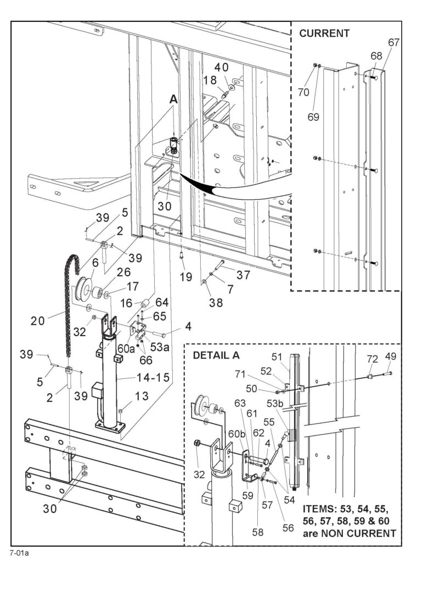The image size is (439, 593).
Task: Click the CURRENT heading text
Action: (324, 33)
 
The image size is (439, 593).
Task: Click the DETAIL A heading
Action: (216, 355)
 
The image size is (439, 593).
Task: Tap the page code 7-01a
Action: (19, 552)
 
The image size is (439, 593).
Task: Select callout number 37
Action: (243, 273)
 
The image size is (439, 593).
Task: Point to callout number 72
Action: (373, 359)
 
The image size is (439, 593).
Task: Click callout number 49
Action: (391, 356)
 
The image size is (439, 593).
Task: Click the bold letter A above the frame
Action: (173, 99)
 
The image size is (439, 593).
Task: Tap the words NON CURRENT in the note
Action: (363, 533)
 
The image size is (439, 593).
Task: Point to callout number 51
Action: (291, 357)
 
